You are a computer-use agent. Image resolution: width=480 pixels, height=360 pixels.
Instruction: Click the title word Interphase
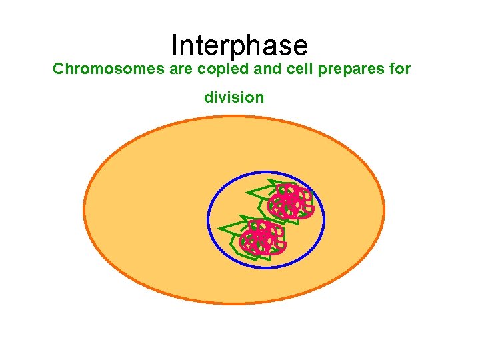239,45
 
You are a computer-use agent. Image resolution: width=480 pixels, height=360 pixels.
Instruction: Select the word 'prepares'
341,69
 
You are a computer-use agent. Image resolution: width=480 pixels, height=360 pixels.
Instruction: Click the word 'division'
234,97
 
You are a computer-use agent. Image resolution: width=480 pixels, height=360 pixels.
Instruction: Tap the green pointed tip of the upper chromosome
247,193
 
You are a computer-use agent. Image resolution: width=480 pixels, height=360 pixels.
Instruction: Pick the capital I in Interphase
175,45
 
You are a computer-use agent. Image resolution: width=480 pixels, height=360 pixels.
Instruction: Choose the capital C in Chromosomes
58,69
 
